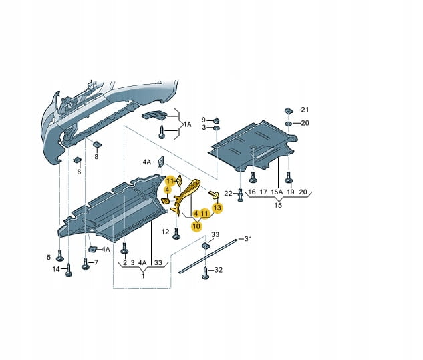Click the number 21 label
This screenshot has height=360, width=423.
[306, 109]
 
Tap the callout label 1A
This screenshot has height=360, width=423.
[188, 124]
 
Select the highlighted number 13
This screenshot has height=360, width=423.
[217, 208]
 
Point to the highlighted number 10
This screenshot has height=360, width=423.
[196, 226]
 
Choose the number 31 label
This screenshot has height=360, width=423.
[248, 238]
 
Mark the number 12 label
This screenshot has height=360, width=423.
[164, 232]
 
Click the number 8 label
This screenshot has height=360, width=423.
[96, 156]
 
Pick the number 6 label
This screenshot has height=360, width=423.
[78, 172]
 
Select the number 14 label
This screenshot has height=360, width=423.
[56, 269]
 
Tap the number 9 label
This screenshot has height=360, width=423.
[205, 120]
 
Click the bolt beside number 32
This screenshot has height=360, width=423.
[206, 271]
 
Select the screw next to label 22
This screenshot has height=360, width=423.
[241, 195]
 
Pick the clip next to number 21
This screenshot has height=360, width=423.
[287, 110]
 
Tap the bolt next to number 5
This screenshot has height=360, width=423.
[61, 257]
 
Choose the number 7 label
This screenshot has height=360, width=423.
[96, 262]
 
